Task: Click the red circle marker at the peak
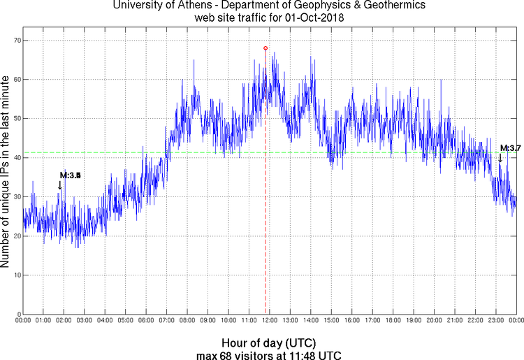point(265,48)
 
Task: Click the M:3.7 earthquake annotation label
point(511,147)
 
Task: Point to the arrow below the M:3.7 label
point(500,158)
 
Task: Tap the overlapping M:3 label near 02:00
point(71,175)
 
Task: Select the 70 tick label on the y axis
point(17,41)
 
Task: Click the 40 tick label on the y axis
point(17,158)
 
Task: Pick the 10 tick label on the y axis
point(17,275)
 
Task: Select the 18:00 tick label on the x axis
point(393,321)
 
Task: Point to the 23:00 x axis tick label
point(495,321)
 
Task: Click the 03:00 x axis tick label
point(85,321)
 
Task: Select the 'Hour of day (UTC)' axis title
point(269,343)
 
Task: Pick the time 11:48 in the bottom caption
point(302,355)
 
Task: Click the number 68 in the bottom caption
point(224,355)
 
